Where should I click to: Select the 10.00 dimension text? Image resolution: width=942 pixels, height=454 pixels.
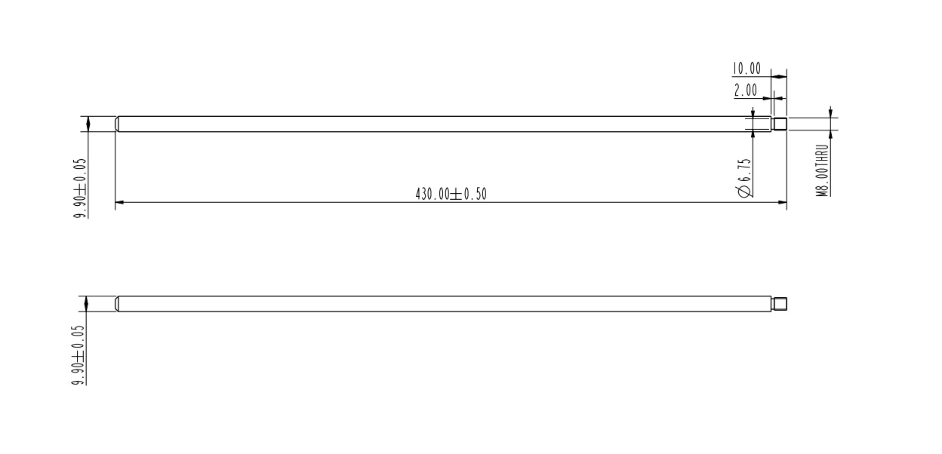pyautogui.click(x=747, y=69)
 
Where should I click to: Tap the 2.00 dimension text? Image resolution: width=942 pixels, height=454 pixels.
pyautogui.click(x=746, y=90)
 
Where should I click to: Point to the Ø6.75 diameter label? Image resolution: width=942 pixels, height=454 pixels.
pyautogui.click(x=745, y=177)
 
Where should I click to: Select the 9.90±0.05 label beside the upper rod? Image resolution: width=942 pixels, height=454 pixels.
pyautogui.click(x=80, y=188)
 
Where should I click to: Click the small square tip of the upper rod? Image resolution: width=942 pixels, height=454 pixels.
pyautogui.click(x=780, y=124)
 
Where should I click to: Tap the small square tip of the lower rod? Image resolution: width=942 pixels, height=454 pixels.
pyautogui.click(x=780, y=304)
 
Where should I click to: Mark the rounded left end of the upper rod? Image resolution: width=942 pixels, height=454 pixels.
pyautogui.click(x=118, y=124)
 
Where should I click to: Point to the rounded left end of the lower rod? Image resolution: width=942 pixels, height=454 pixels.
pyautogui.click(x=118, y=304)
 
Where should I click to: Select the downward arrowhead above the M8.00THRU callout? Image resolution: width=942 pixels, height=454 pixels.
pyautogui.click(x=830, y=114)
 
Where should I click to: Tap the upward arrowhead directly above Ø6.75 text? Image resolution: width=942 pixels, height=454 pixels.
pyautogui.click(x=753, y=137)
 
